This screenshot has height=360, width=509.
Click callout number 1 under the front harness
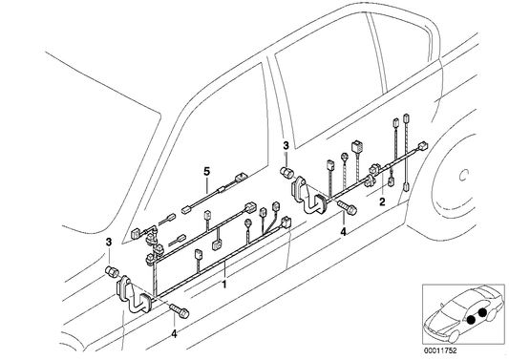tap(223, 285)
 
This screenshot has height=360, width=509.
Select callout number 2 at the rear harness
tap(382, 202)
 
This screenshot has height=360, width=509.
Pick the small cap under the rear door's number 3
tap(284, 170)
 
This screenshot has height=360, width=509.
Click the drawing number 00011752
tap(468, 349)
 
